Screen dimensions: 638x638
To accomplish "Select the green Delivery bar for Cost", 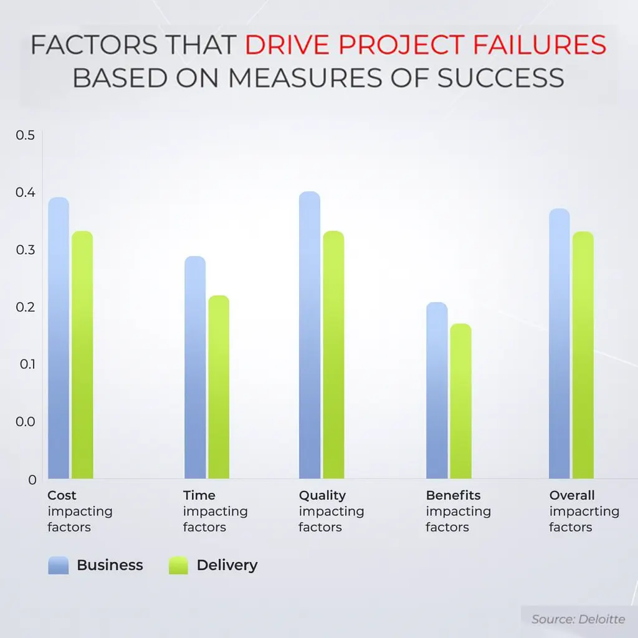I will click(82, 355).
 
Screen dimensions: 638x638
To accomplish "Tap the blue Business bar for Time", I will click(195, 367).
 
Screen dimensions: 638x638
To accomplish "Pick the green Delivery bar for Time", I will click(219, 386).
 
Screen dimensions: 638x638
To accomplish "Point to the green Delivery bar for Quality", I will click(333, 355).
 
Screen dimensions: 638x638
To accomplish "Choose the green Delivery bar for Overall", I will click(583, 355).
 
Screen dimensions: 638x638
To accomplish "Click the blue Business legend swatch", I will click(59, 566).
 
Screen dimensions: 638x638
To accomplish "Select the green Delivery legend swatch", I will click(178, 566).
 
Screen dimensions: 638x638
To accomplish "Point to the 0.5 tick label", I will click(25, 135).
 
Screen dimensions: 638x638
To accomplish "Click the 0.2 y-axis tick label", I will click(25, 307).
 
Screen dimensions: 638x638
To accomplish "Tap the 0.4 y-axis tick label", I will click(25, 193).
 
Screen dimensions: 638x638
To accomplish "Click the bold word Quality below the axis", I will click(322, 495).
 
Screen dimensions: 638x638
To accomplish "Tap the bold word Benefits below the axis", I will click(453, 495).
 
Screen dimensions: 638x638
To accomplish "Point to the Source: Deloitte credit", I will click(578, 619).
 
